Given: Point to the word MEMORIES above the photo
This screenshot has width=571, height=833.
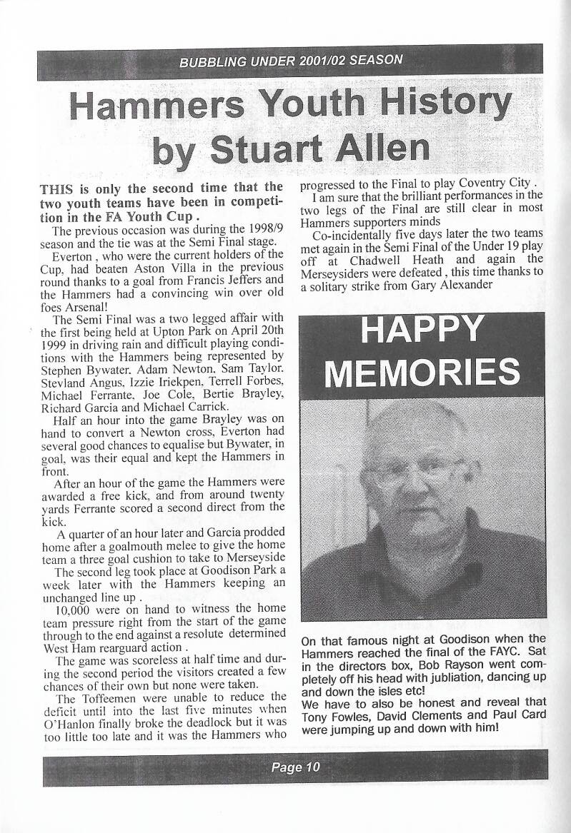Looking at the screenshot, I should pos(422,372).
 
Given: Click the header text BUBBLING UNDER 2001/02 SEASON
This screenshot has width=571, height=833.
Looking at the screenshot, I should pos(291,60).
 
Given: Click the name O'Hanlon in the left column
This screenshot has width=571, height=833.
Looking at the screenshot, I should pos(65,720).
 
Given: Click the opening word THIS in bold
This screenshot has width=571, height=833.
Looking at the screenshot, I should pos(58,189).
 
